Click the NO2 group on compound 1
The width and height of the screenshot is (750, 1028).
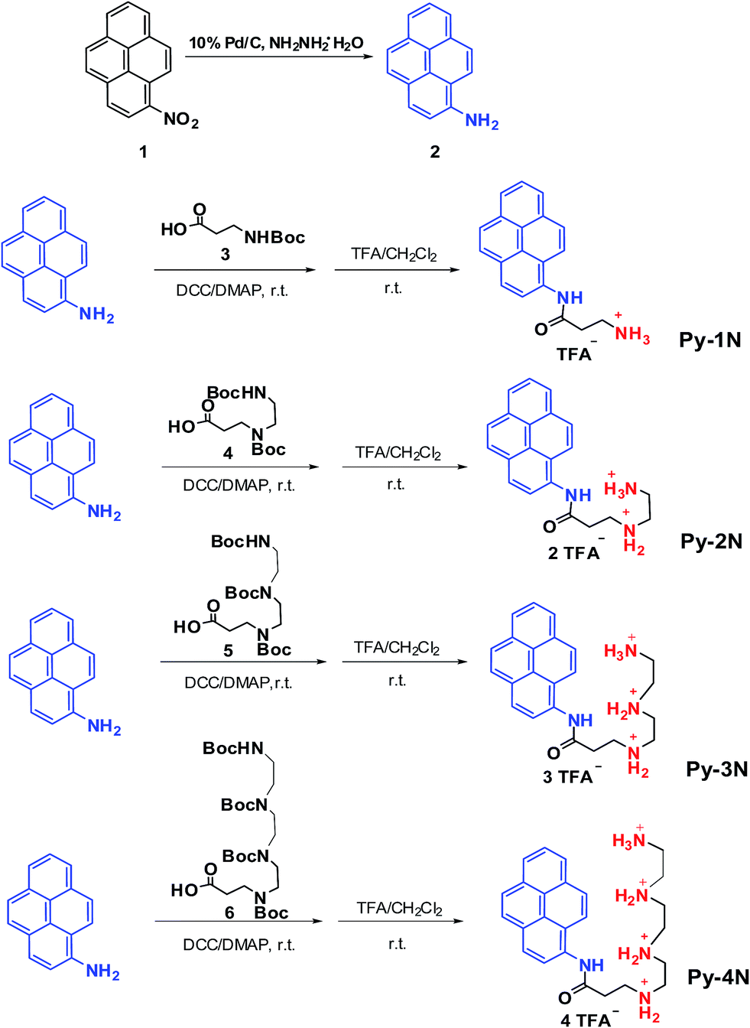click(x=180, y=120)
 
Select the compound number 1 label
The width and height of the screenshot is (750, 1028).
click(x=143, y=151)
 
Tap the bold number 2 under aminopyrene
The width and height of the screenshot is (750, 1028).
click(x=434, y=151)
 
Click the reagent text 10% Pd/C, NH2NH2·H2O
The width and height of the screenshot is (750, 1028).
click(x=276, y=43)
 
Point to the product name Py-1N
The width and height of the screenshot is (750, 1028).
click(x=709, y=340)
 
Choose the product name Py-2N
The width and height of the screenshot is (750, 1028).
click(x=711, y=542)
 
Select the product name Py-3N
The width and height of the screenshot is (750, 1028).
click(x=716, y=769)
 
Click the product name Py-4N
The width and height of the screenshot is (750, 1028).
click(x=718, y=977)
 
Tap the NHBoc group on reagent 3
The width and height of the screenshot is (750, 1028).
click(x=274, y=238)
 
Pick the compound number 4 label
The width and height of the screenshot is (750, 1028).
click(x=228, y=454)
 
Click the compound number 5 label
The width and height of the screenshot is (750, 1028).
click(x=228, y=651)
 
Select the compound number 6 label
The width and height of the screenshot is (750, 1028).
click(x=229, y=913)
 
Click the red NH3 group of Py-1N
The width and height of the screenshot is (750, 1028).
click(x=632, y=334)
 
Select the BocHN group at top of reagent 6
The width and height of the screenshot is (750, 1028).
click(x=233, y=748)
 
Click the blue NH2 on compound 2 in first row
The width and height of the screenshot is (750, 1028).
click(x=482, y=121)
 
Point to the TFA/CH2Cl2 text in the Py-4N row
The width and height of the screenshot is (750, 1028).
click(x=399, y=908)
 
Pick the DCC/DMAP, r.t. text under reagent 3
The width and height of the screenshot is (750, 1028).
click(x=232, y=291)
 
